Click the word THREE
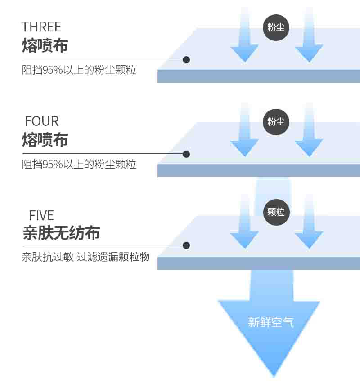(x=41, y=27)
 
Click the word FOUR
(x=42, y=121)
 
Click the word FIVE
(x=41, y=215)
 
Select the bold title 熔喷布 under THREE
(x=45, y=45)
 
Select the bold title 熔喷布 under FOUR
(x=45, y=140)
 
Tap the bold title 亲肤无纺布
(x=61, y=233)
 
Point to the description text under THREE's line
(x=79, y=70)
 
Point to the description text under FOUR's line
(x=79, y=164)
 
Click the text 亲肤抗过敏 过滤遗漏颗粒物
(x=85, y=257)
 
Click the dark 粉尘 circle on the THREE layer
(x=276, y=27)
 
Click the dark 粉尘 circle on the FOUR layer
(x=276, y=122)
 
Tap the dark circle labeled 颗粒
(x=276, y=212)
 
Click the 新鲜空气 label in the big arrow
(x=271, y=322)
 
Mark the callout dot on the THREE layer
(x=186, y=60)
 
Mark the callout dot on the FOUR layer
(x=186, y=154)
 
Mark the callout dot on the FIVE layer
(x=186, y=245)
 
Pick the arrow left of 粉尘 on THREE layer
(x=245, y=35)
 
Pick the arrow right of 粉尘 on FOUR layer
(x=309, y=129)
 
